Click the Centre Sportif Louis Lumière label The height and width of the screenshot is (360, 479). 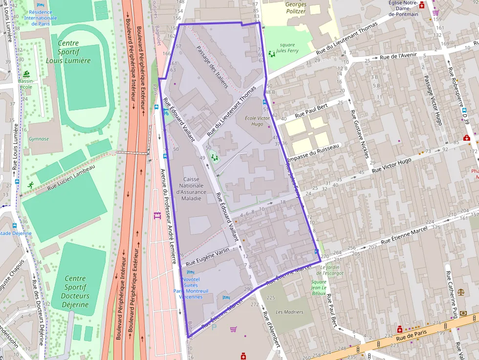68,52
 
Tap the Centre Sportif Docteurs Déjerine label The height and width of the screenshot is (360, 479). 76,292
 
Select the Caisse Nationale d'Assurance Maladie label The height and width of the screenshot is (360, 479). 191,189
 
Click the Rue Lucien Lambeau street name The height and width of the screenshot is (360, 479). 71,177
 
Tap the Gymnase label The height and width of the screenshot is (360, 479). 39,139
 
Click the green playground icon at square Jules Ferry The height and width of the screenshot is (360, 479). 272,54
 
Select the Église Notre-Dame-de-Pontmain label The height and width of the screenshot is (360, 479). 403,9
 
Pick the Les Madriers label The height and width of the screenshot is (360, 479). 289,312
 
